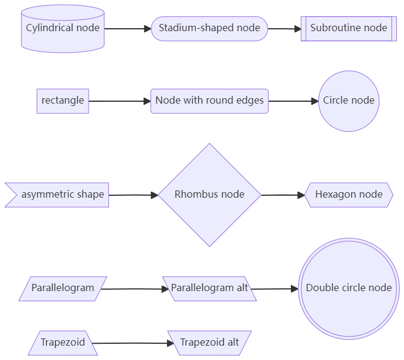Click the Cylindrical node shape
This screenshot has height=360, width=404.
(63, 28)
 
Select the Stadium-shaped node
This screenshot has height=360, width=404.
(209, 28)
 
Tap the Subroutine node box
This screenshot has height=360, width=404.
(348, 28)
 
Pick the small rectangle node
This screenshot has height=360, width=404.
(63, 101)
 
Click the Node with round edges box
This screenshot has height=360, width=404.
(209, 101)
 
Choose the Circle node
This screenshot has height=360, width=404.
(348, 101)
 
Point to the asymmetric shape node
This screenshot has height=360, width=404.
(60, 195)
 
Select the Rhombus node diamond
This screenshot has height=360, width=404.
(209, 195)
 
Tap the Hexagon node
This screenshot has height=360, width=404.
(348, 195)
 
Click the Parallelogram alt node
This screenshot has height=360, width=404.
(209, 288)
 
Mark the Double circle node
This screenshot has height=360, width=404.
(348, 288)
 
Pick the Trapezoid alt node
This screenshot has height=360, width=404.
(209, 343)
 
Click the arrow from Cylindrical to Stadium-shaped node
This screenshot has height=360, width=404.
(127, 28)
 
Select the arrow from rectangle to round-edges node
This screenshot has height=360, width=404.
(120, 101)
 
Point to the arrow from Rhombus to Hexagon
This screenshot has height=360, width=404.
(283, 195)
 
